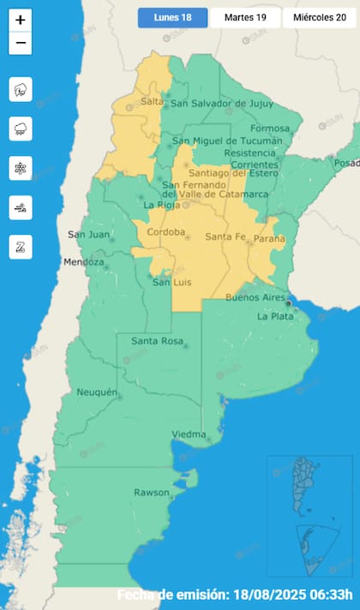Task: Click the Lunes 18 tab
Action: (172, 17)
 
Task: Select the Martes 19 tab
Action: (244, 17)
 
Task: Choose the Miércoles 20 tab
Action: (319, 17)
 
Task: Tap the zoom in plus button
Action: (21, 19)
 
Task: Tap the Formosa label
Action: (265, 129)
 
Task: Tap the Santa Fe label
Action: (225, 236)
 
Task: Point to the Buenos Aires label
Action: (255, 297)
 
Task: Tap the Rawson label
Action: (152, 493)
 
